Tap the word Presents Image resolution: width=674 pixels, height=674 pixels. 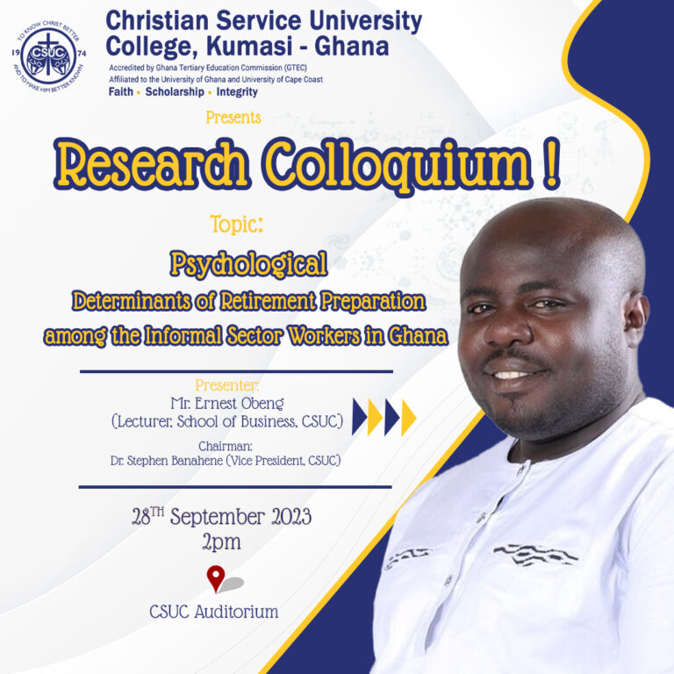233,118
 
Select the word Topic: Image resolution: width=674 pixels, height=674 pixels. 237,224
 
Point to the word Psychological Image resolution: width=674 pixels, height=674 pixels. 249,263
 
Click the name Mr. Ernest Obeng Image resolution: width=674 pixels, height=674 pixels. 227,403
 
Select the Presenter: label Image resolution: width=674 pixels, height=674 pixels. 227,384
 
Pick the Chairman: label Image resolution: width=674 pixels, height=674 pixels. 226,446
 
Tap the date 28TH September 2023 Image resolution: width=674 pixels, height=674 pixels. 222,516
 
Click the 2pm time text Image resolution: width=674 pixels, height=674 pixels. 221,542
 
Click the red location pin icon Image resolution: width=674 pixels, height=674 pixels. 216,578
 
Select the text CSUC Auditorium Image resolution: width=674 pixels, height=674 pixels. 214,611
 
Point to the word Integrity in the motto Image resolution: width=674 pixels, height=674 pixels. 237,92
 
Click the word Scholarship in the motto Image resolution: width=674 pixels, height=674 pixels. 175,92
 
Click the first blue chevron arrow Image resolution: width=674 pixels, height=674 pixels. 359,417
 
